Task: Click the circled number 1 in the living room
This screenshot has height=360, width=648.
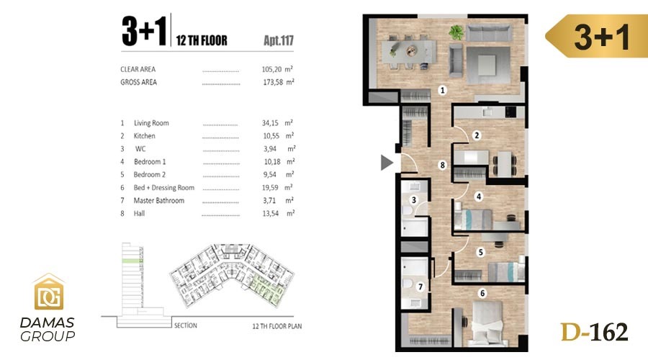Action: click(x=442, y=90)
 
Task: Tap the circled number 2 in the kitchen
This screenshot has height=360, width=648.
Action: click(x=477, y=135)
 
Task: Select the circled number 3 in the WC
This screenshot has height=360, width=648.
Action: click(x=414, y=200)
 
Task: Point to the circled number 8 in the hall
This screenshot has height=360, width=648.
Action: click(x=442, y=165)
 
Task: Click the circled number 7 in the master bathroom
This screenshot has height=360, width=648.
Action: click(x=420, y=287)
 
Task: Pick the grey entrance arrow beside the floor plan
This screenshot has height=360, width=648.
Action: click(x=387, y=163)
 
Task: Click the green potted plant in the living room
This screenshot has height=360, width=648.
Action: click(x=456, y=32)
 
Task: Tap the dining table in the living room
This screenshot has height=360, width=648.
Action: click(x=408, y=51)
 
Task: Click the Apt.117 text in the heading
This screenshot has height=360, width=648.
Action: click(x=279, y=40)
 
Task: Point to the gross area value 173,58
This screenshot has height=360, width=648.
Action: click(x=273, y=82)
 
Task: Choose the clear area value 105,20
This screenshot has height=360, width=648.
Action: click(x=271, y=69)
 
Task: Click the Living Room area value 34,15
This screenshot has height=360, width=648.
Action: click(x=270, y=123)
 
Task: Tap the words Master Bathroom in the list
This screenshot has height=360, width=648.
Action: click(x=159, y=200)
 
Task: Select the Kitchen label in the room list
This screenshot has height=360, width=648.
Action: click(x=144, y=136)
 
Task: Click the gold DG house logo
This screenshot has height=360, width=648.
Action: click(x=49, y=292)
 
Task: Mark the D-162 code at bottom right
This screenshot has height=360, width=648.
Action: click(x=594, y=333)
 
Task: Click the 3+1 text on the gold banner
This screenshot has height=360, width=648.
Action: click(x=602, y=37)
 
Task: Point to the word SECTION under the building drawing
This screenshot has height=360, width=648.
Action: click(x=186, y=325)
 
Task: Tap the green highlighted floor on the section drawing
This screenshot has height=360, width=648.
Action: click(x=132, y=261)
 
